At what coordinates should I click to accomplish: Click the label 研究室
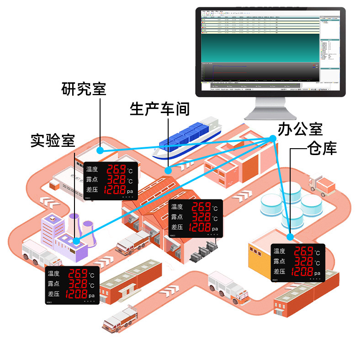coord(84,89)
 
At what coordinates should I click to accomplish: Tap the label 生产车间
coord(159,109)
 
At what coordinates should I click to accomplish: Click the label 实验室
coord(53,140)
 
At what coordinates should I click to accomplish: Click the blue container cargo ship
coord(187,137)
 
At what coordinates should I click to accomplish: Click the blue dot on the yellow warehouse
coord(290,236)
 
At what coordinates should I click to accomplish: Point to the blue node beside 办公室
coord(273,138)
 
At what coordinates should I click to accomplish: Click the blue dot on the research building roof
coord(101,149)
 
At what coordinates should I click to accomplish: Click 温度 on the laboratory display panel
coord(53,274)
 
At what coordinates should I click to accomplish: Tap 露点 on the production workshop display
coord(176,217)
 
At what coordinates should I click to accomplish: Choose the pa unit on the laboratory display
coord(91,296)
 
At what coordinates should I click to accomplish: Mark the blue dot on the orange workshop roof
coord(168,170)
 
